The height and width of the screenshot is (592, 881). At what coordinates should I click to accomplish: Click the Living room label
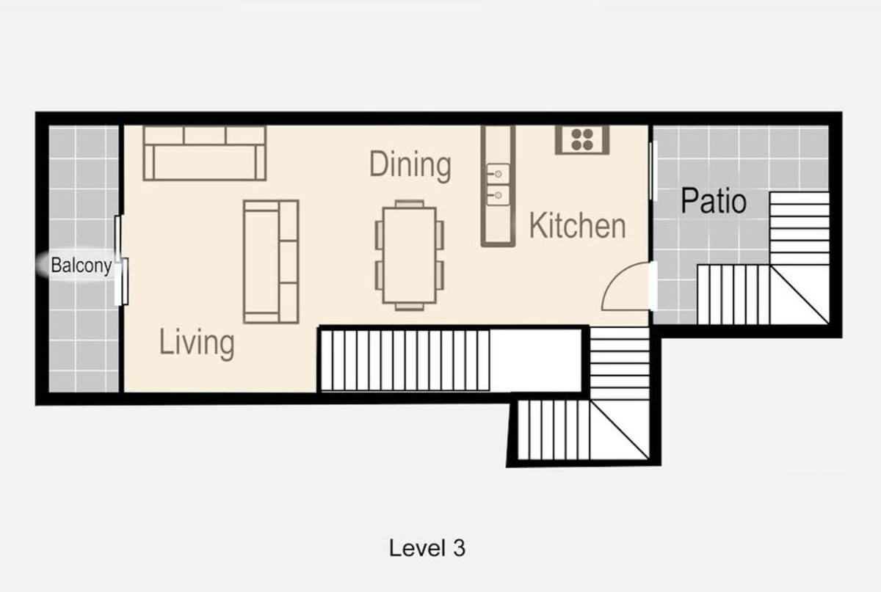(x=197, y=343)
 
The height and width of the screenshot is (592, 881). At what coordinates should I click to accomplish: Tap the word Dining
(x=410, y=165)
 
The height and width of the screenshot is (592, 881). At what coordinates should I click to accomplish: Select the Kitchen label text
(x=577, y=225)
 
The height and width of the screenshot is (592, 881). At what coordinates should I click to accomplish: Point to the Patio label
(x=714, y=201)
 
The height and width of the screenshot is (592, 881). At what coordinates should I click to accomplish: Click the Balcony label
(x=81, y=266)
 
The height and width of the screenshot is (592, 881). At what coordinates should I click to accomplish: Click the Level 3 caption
(x=427, y=548)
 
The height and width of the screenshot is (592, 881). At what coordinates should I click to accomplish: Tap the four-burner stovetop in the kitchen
(x=582, y=139)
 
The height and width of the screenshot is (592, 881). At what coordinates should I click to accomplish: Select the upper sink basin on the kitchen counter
(x=498, y=173)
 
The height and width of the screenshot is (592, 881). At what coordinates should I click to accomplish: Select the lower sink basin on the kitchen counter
(x=498, y=195)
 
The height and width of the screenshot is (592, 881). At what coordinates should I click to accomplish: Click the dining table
(x=410, y=255)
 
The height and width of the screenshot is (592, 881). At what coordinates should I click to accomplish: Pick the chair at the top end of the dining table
(x=410, y=204)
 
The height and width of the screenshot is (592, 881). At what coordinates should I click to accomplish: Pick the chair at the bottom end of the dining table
(x=410, y=307)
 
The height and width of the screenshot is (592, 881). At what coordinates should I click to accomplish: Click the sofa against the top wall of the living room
(x=205, y=153)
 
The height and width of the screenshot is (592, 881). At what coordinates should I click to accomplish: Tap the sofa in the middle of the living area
(x=271, y=262)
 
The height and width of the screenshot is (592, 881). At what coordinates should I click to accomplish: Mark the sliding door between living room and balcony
(x=121, y=260)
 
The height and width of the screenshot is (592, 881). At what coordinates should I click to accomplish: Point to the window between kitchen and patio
(x=653, y=172)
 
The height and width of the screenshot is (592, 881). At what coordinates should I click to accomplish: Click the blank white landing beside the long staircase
(x=535, y=360)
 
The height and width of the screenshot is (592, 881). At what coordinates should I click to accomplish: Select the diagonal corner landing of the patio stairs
(x=800, y=295)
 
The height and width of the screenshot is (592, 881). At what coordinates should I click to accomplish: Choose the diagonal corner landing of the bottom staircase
(x=620, y=430)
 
